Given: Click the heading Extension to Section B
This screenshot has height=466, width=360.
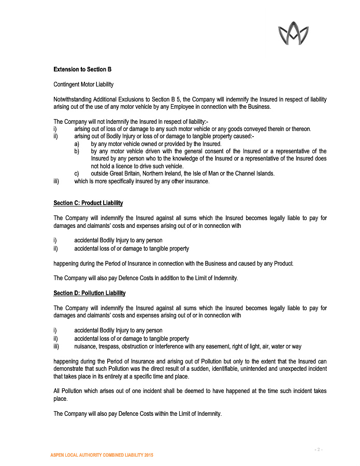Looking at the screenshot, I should pyautogui.click(x=82, y=69).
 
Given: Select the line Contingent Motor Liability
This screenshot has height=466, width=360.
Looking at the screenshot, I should pyautogui.click(x=83, y=84).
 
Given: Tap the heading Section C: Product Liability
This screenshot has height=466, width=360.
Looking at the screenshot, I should pyautogui.click(x=88, y=203).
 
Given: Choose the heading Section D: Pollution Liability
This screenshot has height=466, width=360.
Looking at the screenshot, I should pyautogui.click(x=90, y=293).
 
